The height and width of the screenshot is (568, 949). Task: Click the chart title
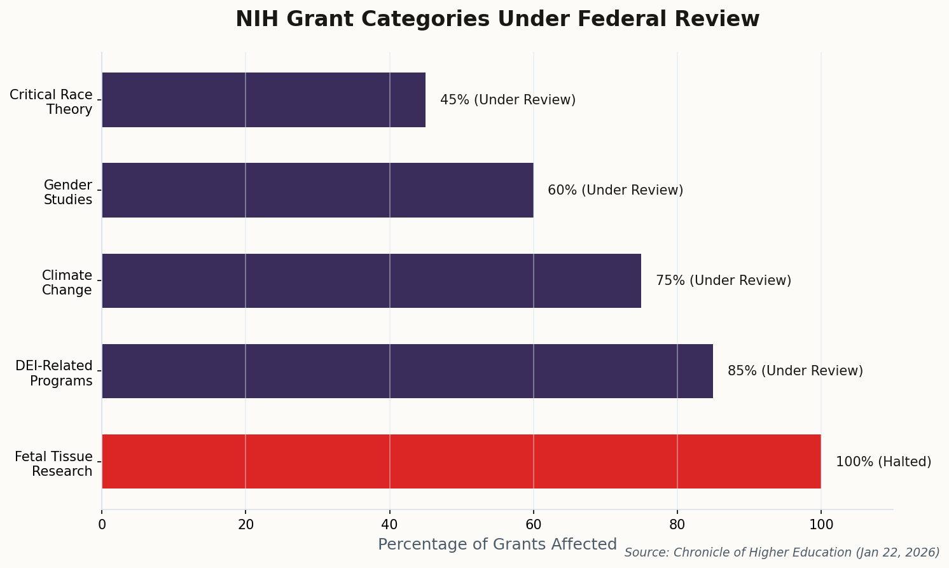click(497, 19)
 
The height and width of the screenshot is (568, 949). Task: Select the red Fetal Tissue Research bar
click(461, 462)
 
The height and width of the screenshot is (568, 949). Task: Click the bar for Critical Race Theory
click(263, 100)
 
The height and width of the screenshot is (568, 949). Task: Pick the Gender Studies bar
click(317, 190)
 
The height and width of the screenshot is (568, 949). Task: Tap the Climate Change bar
click(371, 281)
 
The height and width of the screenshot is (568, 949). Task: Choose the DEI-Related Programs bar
click(407, 371)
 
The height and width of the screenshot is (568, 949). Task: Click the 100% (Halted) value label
click(883, 462)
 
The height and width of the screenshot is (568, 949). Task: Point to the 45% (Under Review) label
click(508, 100)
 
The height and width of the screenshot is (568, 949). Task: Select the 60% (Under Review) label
click(615, 190)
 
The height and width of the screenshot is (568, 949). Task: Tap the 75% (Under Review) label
click(723, 281)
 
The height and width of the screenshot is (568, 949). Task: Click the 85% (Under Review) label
click(795, 371)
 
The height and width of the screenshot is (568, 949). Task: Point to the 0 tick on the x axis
click(102, 525)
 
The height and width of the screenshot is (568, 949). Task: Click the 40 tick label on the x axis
click(389, 525)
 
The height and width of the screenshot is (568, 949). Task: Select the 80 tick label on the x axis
click(677, 525)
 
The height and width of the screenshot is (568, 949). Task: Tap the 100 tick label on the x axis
click(821, 525)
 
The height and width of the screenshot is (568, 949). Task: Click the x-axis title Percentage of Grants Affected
click(497, 544)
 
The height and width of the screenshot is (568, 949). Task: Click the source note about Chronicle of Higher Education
click(782, 553)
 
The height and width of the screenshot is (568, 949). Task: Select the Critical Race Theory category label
click(52, 102)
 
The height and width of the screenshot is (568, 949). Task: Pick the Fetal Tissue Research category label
click(54, 464)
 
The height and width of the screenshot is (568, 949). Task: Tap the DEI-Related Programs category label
click(55, 373)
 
